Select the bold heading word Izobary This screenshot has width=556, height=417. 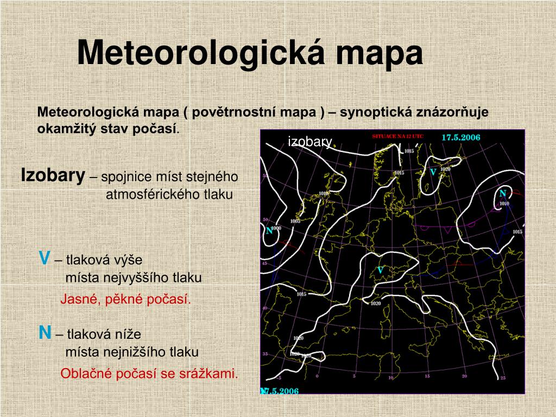tap(53, 175)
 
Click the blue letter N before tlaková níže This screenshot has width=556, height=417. tap(45, 333)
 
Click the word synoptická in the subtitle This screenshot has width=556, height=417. tap(373, 112)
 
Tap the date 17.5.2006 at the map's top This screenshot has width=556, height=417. tap(460, 137)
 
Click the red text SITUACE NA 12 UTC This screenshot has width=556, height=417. tap(397, 137)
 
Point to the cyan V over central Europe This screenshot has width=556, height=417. tap(381, 270)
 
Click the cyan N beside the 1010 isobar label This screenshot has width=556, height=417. tap(503, 194)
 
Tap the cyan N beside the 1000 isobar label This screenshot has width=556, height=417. tap(269, 230)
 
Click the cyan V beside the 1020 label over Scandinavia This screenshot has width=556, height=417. tap(433, 172)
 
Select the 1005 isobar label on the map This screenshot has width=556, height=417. tap(295, 222)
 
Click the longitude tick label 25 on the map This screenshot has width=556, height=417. tap(503, 378)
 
